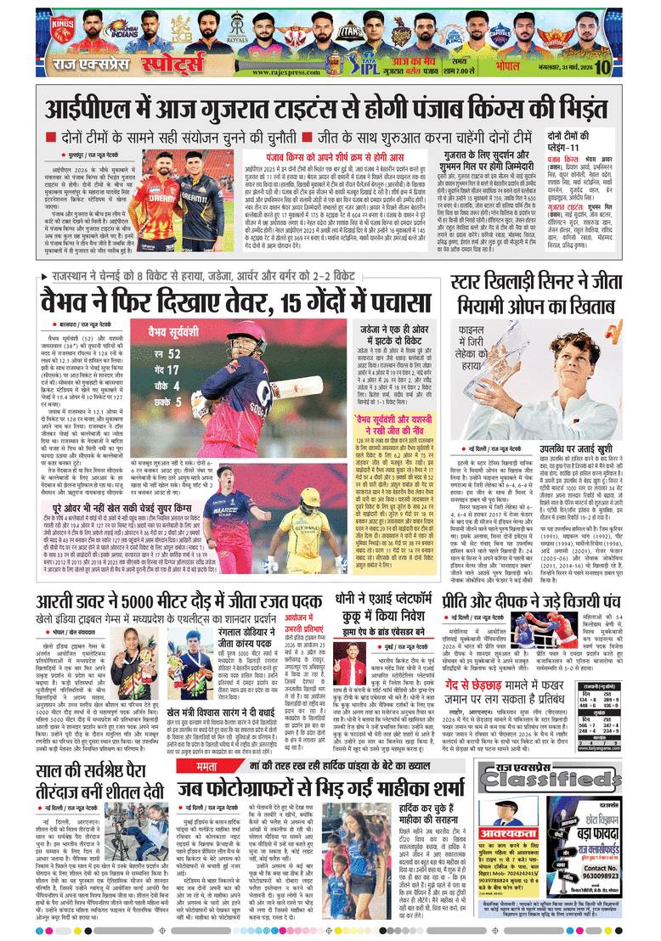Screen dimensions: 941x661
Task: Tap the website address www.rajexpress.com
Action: (293, 71)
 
